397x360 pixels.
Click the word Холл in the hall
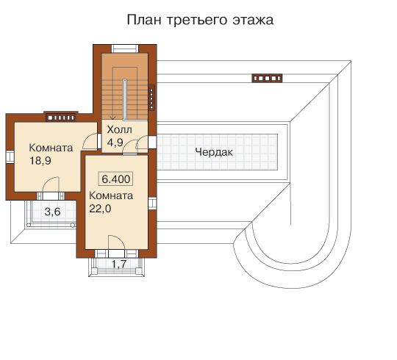coord(119,129)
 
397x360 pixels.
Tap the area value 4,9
coord(115,143)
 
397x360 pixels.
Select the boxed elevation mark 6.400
coord(115,179)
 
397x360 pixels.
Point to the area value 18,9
coord(40,161)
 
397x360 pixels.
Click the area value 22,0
coord(100,209)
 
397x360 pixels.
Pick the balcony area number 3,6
coord(52,212)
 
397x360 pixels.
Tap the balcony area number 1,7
coord(119,264)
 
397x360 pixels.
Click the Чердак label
coord(214,152)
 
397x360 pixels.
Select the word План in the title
coord(144,20)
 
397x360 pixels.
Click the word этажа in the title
coord(253,21)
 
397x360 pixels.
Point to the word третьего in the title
coord(197,21)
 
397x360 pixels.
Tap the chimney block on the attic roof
coord(267,78)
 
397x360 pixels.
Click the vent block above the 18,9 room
coord(61,118)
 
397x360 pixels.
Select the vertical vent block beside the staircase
coord(151,98)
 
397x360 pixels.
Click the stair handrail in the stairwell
coord(124,99)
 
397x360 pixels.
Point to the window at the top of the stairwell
coord(125,48)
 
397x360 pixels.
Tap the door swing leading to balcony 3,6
coord(51,184)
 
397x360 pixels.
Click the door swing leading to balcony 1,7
coord(116,243)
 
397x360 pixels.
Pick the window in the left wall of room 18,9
coord(10,156)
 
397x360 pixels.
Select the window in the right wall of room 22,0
coord(152,204)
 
